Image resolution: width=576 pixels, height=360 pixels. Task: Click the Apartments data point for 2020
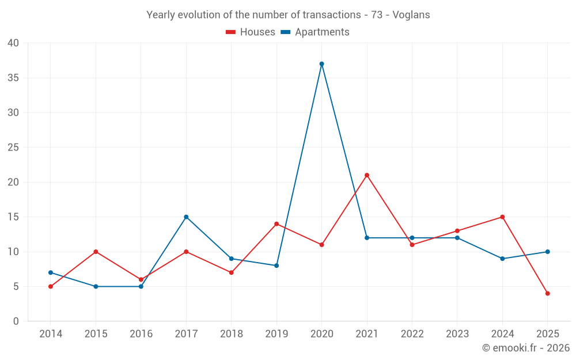point(321,64)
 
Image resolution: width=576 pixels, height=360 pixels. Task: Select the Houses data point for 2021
point(367,175)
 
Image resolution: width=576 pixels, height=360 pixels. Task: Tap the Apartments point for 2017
point(186,217)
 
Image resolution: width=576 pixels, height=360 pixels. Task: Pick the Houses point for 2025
point(548,294)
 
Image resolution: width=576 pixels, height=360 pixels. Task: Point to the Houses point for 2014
point(51,286)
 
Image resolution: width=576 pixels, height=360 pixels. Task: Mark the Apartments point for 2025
point(548,252)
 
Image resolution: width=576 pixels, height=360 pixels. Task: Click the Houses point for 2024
point(502,217)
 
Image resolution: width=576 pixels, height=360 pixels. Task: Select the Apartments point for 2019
point(276,266)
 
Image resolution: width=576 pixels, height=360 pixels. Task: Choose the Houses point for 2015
point(96,252)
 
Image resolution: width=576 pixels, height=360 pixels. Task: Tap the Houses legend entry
point(251,32)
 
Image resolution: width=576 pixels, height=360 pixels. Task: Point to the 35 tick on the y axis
point(13,78)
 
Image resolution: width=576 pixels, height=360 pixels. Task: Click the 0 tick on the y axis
point(16,321)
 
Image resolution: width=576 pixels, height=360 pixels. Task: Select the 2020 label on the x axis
point(321,334)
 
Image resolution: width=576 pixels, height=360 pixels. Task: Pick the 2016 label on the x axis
point(141,334)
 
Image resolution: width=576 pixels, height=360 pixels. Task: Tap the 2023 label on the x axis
point(457,334)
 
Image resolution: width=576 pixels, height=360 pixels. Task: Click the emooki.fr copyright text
point(526,348)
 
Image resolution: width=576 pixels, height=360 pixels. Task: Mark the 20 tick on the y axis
point(13,182)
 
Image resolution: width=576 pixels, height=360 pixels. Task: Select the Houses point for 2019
point(276,224)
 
